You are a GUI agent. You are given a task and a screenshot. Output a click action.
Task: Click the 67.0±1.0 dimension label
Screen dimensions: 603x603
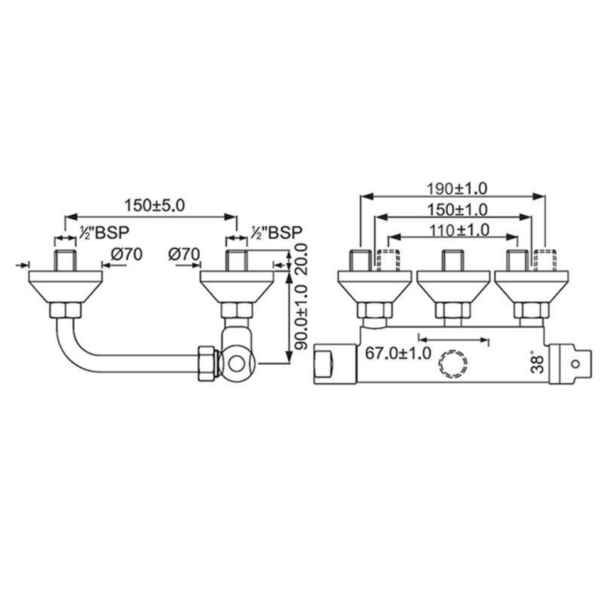[398, 352]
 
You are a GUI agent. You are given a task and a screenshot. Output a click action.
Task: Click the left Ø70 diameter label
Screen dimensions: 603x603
[128, 254]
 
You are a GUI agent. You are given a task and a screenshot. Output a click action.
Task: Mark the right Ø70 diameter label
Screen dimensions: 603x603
[184, 254]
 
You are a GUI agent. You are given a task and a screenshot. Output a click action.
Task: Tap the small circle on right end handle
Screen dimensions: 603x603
[576, 364]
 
